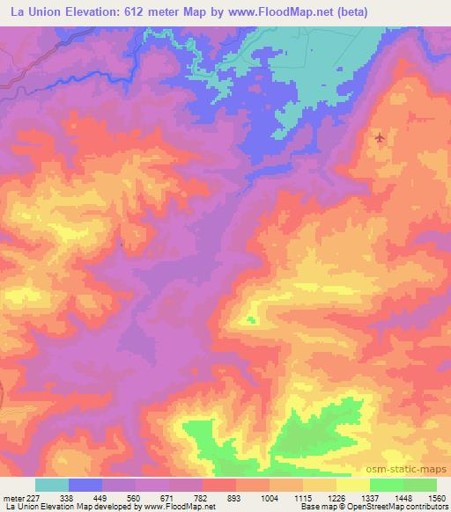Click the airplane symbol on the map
click(380, 137)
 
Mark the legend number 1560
click(435, 497)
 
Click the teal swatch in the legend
click(52, 485)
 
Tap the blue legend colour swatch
click(85, 485)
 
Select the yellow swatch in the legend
click(352, 485)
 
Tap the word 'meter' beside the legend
click(11, 497)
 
